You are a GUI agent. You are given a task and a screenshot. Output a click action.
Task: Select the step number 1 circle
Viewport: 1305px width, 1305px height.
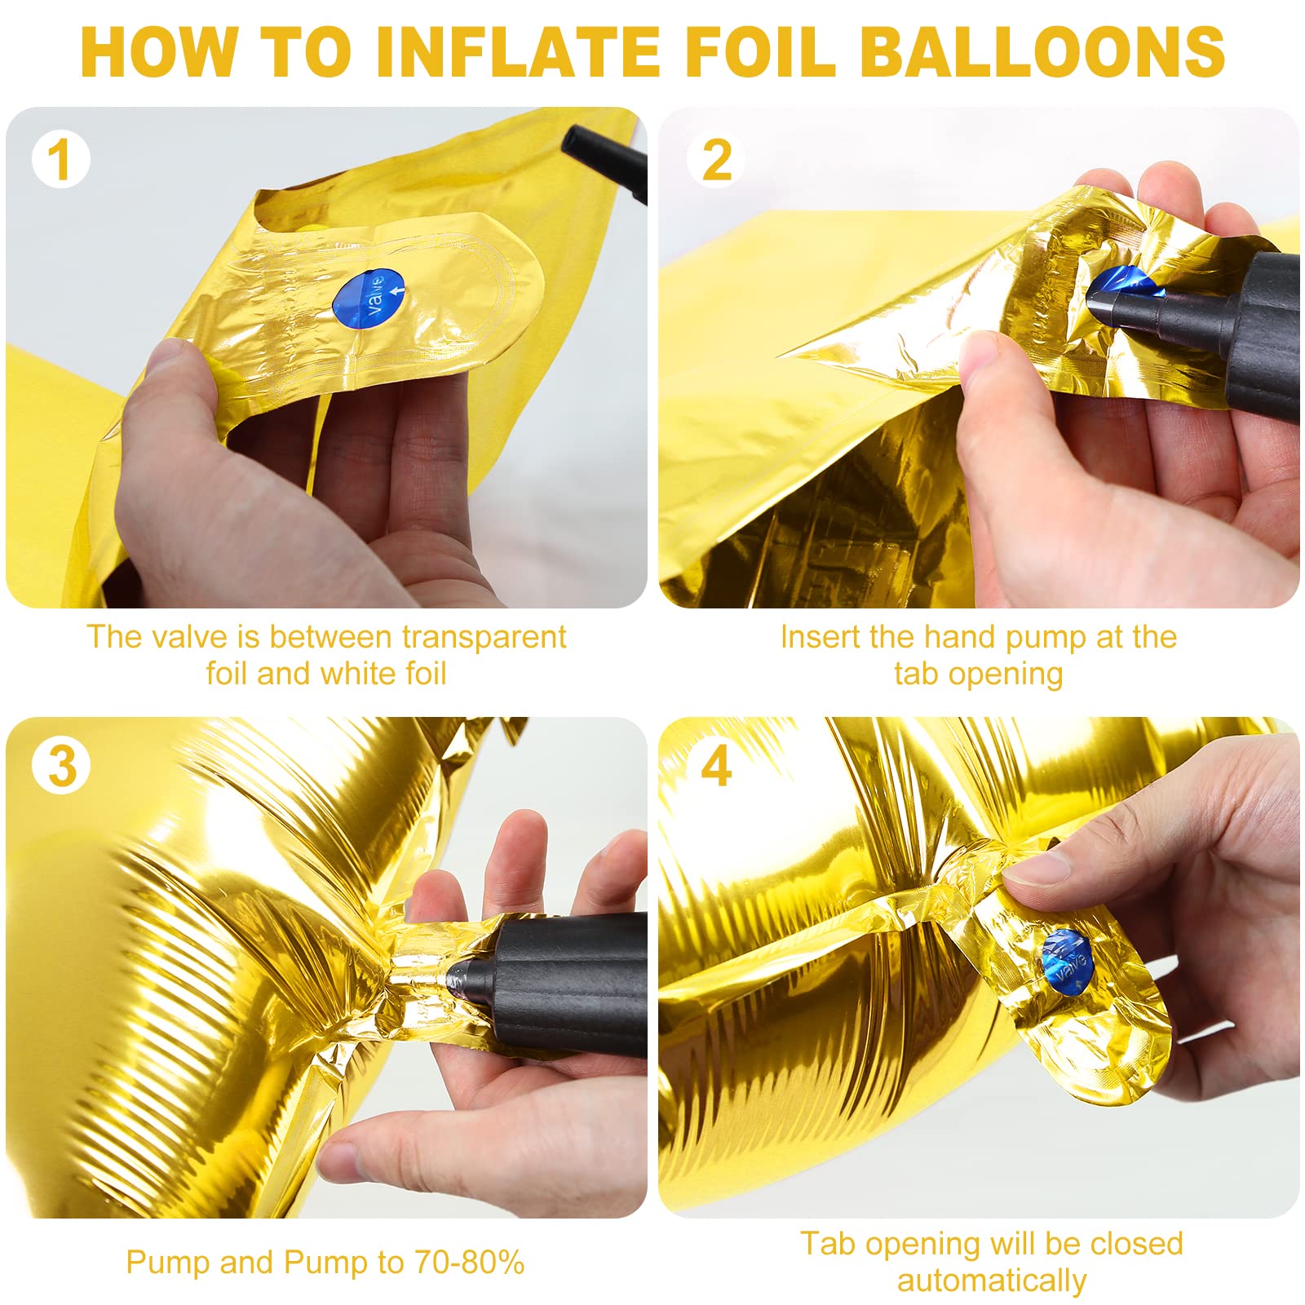tap(60, 160)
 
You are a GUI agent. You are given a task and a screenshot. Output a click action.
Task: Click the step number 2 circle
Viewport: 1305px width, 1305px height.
tap(716, 160)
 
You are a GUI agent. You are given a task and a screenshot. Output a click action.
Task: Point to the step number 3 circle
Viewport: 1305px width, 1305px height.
tap(61, 766)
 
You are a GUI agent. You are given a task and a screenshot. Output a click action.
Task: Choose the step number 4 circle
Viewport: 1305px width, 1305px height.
tap(715, 766)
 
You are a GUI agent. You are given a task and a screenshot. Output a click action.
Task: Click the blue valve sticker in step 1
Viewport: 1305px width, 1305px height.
tap(369, 299)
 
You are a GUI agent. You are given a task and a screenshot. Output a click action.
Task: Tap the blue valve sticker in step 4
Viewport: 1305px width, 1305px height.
tap(1067, 962)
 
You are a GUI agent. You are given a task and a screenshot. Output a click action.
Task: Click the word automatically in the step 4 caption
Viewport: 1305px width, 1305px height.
tap(992, 1281)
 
